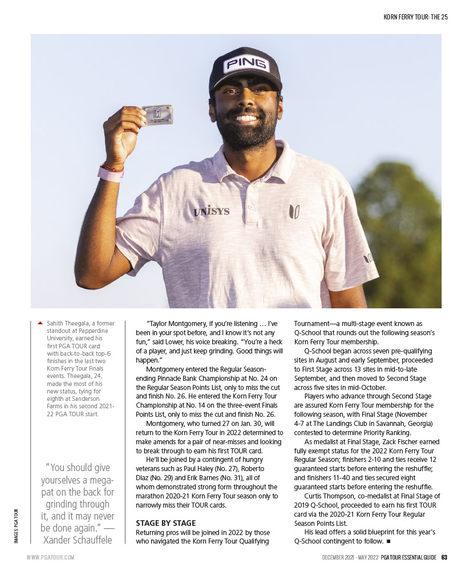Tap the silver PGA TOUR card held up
(157, 114)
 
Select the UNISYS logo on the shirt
(211, 211)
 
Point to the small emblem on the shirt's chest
(294, 211)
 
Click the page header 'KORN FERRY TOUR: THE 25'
(415, 17)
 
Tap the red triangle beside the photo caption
(40, 323)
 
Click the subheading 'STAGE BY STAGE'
(166, 522)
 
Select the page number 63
(444, 557)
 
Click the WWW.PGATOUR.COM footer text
(50, 557)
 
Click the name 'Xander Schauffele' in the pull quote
(77, 540)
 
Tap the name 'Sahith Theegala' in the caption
(68, 323)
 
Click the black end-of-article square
(388, 540)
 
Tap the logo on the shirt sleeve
(368, 259)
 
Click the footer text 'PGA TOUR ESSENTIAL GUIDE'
(408, 557)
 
